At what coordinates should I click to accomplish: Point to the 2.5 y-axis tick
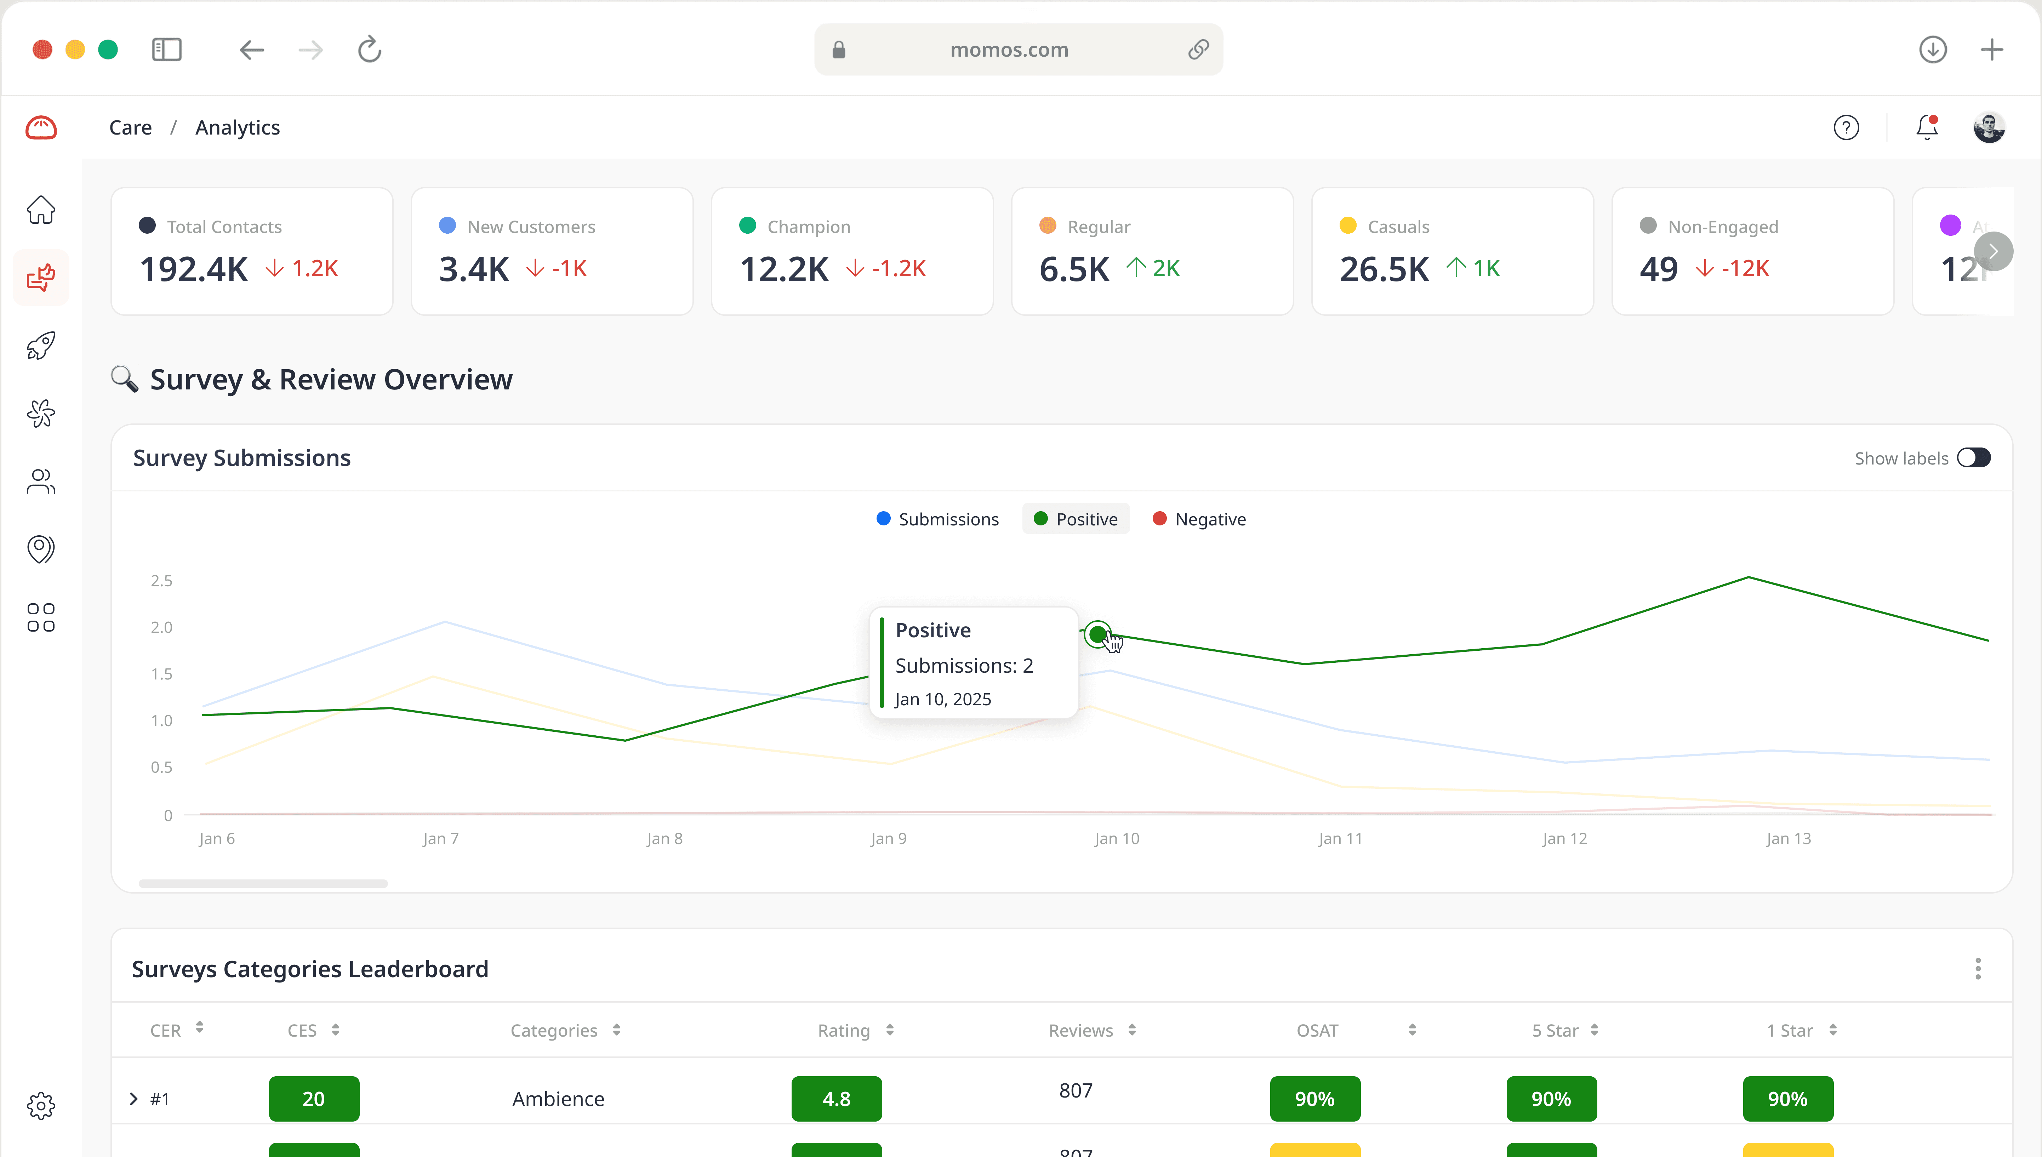[x=161, y=581]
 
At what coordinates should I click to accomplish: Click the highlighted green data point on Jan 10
[x=1097, y=634]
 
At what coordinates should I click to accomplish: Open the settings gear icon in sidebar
[x=40, y=1105]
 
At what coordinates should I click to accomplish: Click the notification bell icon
[x=1927, y=127]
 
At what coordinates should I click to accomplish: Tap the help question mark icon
[x=1846, y=127]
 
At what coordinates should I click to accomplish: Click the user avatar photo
[x=1989, y=127]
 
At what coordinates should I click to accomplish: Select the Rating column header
[x=844, y=1031]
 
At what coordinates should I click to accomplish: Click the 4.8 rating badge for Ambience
[x=836, y=1099]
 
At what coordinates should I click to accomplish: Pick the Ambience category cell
[x=558, y=1099]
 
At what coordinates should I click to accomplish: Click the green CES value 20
[x=314, y=1099]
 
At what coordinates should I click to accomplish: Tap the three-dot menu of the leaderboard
[x=1978, y=969]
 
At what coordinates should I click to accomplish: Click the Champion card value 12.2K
[x=784, y=269]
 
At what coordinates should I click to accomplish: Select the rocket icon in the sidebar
[x=40, y=346]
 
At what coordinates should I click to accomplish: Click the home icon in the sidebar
[x=40, y=210]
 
